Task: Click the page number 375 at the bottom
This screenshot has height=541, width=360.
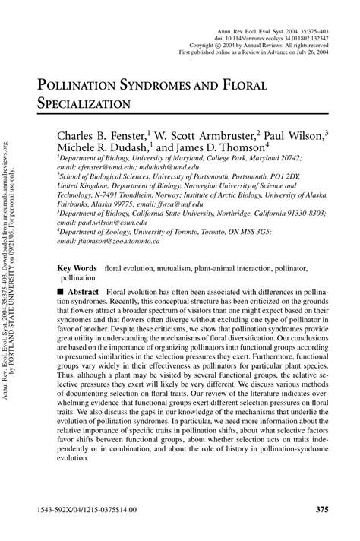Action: pyautogui.click(x=318, y=508)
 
